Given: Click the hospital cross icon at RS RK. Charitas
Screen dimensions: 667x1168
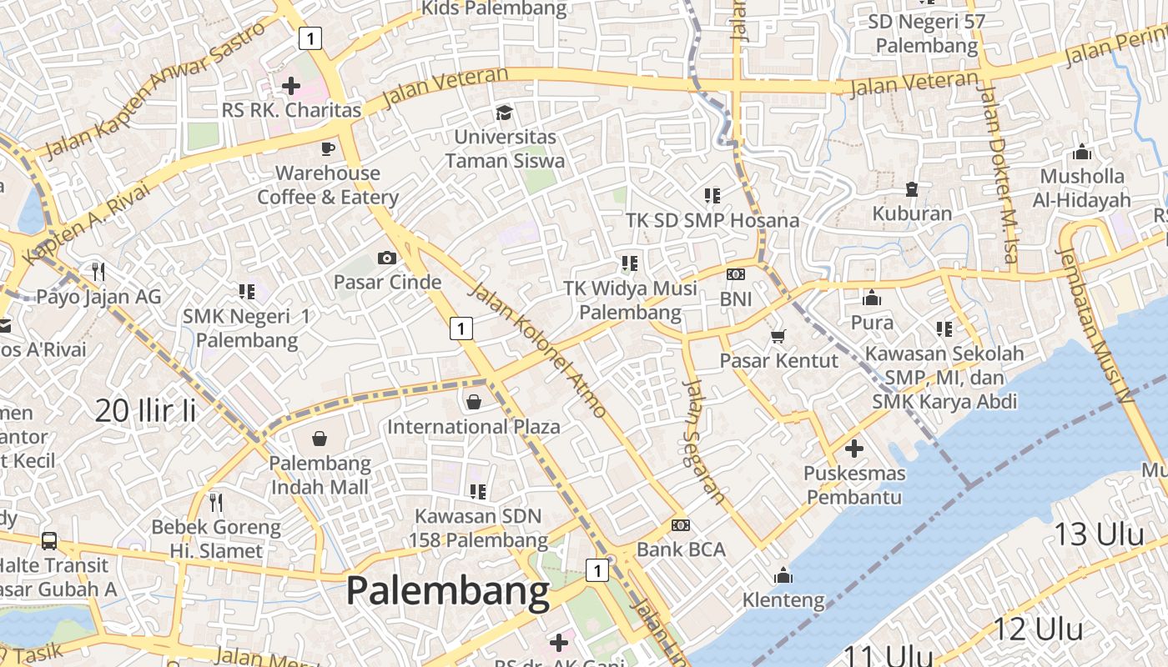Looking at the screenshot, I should [291, 85].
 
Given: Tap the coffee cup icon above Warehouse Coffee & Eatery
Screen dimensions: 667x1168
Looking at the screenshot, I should [328, 148].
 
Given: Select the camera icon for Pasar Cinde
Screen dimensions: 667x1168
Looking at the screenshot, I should [387, 258].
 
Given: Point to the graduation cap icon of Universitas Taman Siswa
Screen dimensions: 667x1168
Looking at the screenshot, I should [504, 112].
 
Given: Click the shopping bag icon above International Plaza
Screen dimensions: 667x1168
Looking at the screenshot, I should [474, 402].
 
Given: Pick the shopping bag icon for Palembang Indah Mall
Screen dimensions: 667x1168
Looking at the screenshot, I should [320, 439].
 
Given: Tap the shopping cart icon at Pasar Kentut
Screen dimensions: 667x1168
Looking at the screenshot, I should [778, 336].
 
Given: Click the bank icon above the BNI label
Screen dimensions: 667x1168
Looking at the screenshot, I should [736, 273].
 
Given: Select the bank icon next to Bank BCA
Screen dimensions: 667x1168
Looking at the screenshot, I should [681, 525].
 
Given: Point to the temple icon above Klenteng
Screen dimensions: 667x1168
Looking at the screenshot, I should [783, 575].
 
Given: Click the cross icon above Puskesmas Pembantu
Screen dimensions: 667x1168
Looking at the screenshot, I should [853, 449].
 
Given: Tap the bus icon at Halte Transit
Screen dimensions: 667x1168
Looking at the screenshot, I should [49, 540].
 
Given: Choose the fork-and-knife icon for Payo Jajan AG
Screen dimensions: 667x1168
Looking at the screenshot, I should [98, 271].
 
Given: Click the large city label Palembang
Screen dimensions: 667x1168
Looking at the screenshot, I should [448, 591].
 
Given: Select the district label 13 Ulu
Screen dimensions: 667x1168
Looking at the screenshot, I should [1099, 534].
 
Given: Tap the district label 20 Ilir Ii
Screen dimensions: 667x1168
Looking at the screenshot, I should [145, 410].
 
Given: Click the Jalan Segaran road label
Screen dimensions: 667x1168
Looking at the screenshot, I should [704, 441].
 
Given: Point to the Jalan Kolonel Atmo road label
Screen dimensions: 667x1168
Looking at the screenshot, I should [537, 350].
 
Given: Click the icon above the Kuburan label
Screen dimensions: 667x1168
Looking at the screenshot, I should [912, 189].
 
